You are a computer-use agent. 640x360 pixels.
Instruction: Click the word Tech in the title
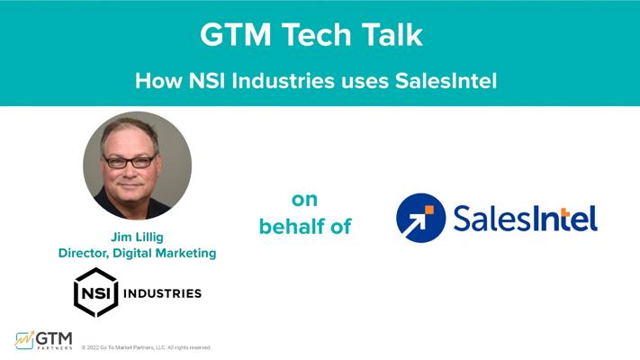pos(317,34)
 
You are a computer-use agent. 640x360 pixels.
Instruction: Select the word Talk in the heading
pos(392,34)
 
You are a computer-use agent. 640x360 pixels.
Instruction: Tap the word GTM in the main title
pos(236,34)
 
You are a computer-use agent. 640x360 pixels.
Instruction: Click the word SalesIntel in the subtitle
pos(446,80)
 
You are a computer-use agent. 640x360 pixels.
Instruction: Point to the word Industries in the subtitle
pos(283,80)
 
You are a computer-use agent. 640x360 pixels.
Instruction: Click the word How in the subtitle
pos(158,80)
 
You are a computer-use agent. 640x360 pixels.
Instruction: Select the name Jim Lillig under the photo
pos(137,237)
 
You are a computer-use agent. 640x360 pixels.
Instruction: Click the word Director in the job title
pos(84,253)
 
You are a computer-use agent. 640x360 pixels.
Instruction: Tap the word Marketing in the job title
pos(185,254)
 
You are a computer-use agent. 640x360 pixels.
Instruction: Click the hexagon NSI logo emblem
pos(96,292)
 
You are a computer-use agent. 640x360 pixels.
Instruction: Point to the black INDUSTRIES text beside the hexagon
pos(162,293)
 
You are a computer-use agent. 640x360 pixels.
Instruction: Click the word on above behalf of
pos(304,200)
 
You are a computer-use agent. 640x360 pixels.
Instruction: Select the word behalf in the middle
pos(292,227)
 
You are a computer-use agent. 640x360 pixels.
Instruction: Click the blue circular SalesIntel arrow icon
pos(421,218)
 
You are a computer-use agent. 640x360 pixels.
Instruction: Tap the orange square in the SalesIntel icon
pos(429,211)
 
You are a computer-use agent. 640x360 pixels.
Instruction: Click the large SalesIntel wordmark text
pos(526,219)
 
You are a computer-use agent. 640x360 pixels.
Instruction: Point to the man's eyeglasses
pos(130,162)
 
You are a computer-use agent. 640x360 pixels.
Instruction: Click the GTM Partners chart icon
pos(24,341)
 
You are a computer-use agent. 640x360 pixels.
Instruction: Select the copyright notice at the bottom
pos(146,347)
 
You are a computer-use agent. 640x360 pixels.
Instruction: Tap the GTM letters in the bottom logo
pos(54,338)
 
